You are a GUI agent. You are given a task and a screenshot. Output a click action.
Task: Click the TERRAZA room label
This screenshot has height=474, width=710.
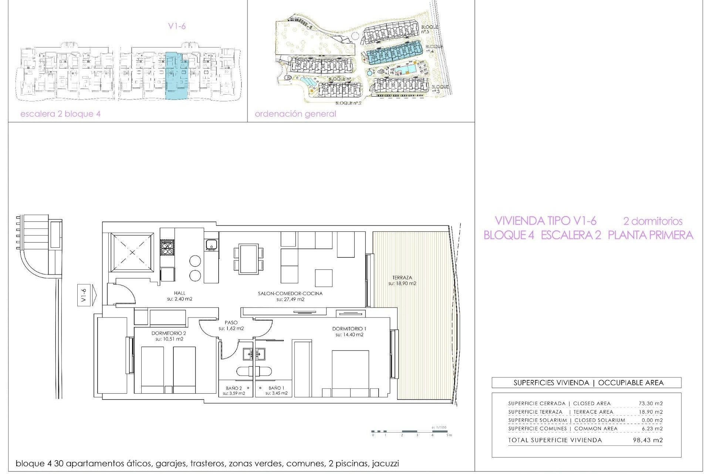[x=402, y=278]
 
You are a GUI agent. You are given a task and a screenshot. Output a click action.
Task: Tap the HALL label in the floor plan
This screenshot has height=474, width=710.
[x=179, y=293]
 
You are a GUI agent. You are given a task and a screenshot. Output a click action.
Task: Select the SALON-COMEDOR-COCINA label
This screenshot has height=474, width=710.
[x=290, y=294]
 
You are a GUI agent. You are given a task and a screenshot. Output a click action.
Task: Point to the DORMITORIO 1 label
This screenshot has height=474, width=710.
[x=349, y=329]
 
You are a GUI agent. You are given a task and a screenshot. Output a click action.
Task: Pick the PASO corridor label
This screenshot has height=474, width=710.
[x=231, y=323]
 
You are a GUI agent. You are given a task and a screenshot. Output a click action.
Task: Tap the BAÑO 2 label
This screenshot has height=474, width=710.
[x=234, y=388]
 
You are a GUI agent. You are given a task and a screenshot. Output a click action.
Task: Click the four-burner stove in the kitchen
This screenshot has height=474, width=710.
[x=167, y=247]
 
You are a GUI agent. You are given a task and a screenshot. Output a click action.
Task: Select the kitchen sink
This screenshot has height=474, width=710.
[x=211, y=244]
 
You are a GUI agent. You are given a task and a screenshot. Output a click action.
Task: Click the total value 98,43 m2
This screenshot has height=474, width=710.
[x=648, y=440]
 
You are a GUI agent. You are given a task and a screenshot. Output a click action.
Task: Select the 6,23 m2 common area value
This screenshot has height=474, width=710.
[x=652, y=428]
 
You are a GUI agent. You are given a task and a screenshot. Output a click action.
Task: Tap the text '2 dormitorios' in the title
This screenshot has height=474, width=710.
[x=653, y=221]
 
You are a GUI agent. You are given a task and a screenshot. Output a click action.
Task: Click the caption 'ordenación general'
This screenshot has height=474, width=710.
[x=295, y=114]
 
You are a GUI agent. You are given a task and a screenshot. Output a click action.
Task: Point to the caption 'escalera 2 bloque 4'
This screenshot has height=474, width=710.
[x=60, y=114]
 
